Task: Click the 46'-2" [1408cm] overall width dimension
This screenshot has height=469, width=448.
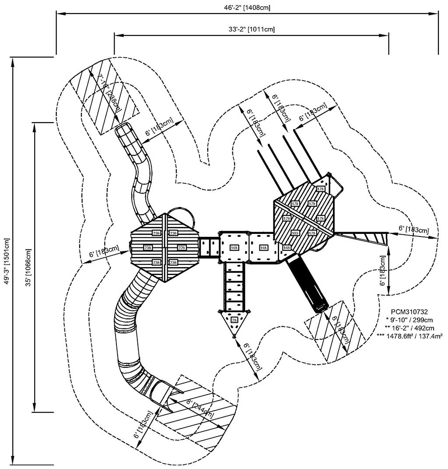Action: coord(248,7)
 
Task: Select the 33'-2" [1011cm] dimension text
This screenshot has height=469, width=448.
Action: coord(252,29)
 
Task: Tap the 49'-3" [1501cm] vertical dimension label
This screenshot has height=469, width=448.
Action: coord(6,261)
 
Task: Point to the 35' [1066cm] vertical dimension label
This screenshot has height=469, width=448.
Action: coord(28,268)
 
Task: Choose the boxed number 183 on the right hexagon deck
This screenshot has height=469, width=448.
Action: coord(295,233)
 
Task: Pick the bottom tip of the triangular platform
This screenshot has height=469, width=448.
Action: coord(234,336)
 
